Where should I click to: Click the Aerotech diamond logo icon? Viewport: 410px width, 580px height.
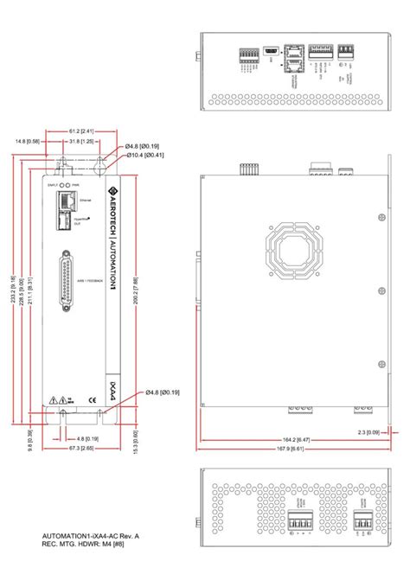coord(111,189)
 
